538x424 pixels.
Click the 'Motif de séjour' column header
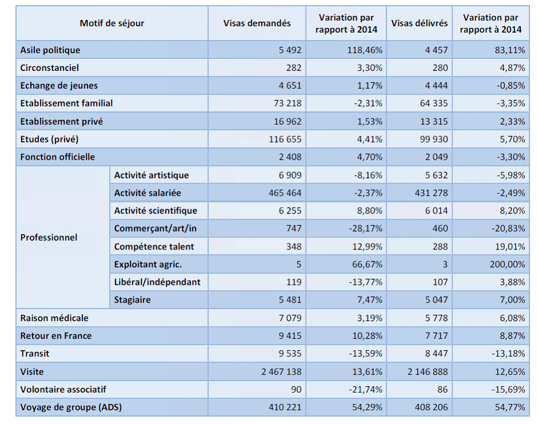click(112, 23)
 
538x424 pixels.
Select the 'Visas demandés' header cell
click(257, 23)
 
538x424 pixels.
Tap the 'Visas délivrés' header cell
click(420, 23)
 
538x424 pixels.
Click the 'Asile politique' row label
click(50, 50)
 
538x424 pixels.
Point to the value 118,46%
click(365, 50)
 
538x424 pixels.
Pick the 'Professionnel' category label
click(49, 237)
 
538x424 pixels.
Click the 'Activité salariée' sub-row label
click(148, 193)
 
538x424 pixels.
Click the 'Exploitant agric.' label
click(148, 264)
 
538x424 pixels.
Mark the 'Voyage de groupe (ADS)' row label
click(71, 407)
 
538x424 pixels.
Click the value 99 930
click(432, 139)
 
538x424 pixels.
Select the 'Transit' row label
click(34, 354)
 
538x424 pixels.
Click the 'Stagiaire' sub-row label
click(132, 300)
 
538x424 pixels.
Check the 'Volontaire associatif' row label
click(63, 390)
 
